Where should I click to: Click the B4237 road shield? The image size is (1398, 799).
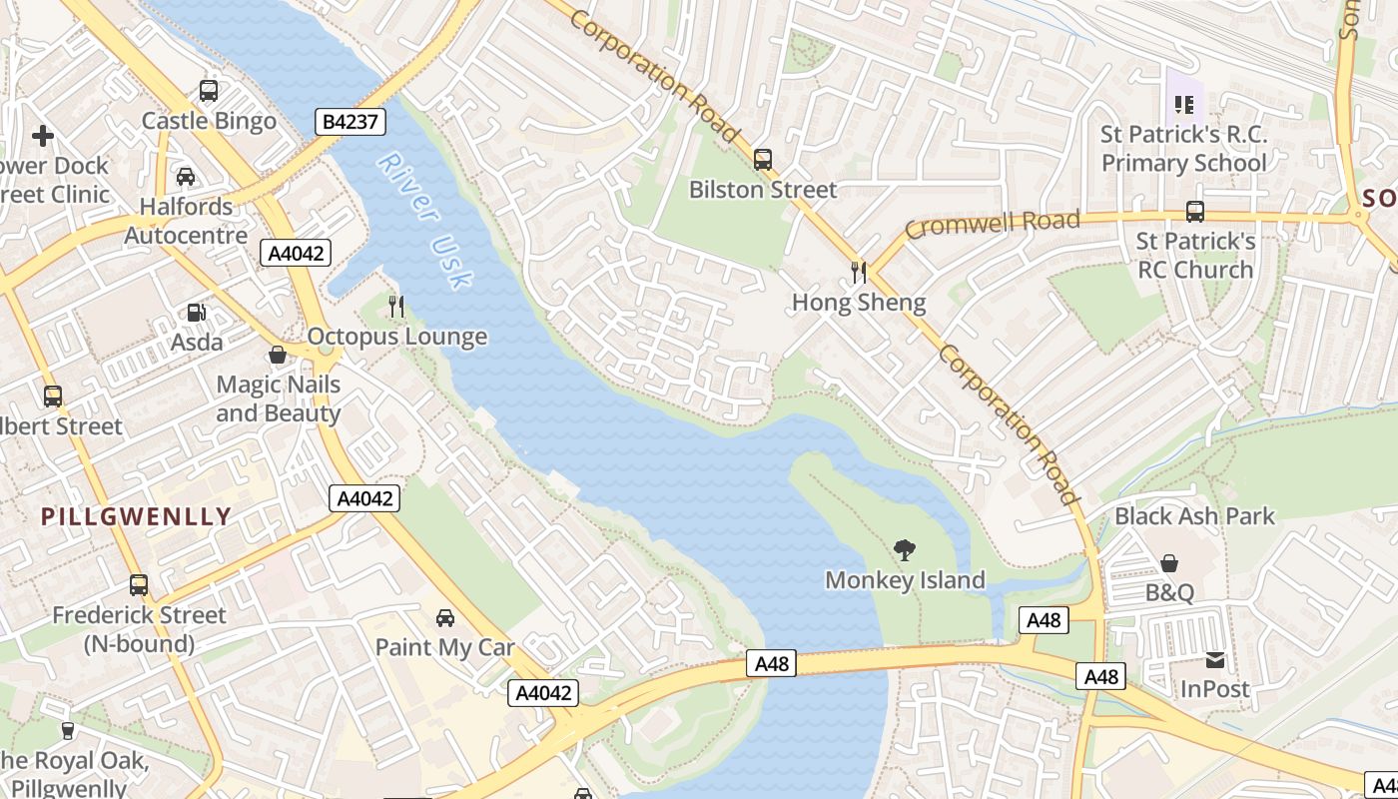tap(350, 122)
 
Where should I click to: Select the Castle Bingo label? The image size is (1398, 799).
tap(209, 121)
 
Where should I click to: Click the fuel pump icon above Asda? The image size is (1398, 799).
tap(197, 313)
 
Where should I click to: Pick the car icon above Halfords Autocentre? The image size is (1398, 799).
tap(186, 177)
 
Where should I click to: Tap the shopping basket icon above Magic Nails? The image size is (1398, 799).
tap(278, 355)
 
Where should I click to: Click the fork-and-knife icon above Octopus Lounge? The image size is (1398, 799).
tap(397, 307)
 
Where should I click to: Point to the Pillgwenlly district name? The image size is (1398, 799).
tap(136, 516)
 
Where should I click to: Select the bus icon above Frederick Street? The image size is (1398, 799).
tap(139, 585)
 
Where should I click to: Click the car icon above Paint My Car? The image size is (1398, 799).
tap(445, 618)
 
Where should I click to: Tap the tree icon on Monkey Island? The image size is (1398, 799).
tap(905, 549)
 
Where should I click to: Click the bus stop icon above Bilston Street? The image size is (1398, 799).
tap(763, 159)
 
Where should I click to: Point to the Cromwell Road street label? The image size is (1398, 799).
tap(993, 224)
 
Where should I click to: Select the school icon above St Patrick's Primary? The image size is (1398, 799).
tap(1184, 104)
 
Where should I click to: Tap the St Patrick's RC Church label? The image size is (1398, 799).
tap(1195, 256)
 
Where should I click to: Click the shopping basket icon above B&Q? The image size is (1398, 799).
tap(1169, 563)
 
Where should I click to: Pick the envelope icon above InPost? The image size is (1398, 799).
tap(1215, 659)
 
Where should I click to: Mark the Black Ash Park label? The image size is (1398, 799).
tap(1194, 516)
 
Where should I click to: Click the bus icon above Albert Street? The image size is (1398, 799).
tap(53, 397)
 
